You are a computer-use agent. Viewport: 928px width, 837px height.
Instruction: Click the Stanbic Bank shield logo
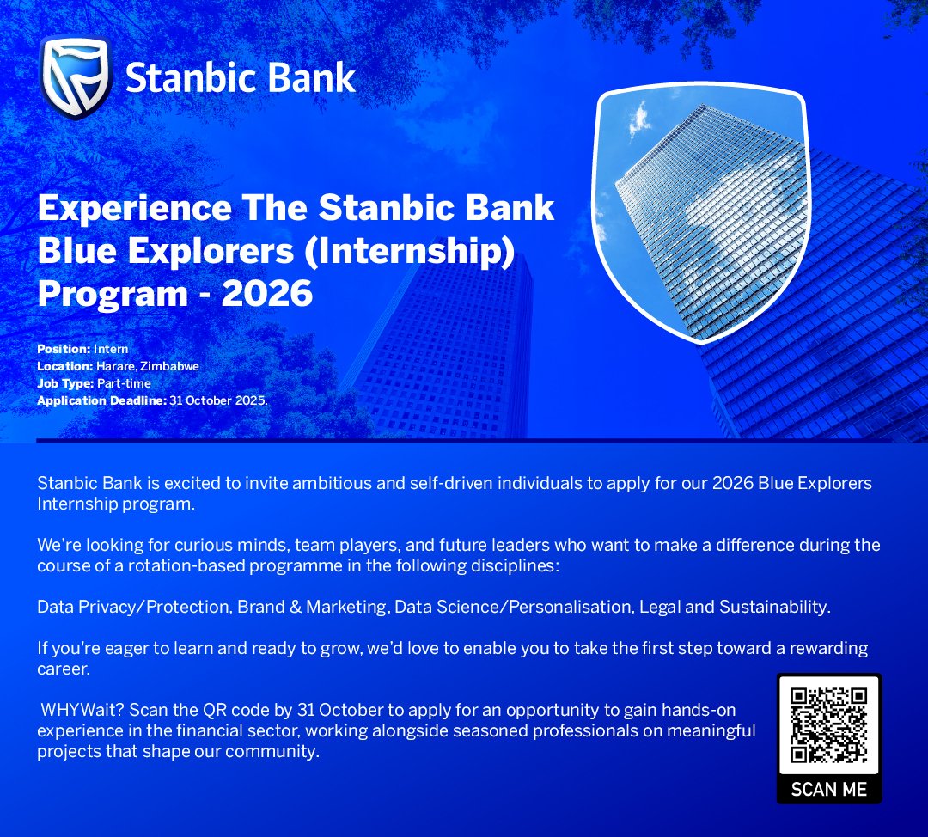click(76, 77)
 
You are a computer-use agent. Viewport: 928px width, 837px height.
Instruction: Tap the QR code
click(829, 725)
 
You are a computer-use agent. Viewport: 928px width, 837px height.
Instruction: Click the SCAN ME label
click(829, 789)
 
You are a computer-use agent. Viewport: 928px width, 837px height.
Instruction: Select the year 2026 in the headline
click(267, 294)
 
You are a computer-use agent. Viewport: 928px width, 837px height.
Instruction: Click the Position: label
click(64, 349)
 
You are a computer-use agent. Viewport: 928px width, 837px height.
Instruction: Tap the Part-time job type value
click(124, 383)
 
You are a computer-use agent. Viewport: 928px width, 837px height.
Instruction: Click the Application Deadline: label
click(101, 400)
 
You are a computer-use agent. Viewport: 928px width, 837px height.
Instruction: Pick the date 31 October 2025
click(218, 400)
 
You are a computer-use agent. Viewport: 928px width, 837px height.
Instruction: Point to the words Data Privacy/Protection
click(133, 607)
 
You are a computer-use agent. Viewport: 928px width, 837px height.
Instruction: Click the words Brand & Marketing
click(313, 607)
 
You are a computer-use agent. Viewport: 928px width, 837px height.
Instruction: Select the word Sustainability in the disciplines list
click(774, 607)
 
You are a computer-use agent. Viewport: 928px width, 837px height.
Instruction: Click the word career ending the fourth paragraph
click(64, 668)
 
